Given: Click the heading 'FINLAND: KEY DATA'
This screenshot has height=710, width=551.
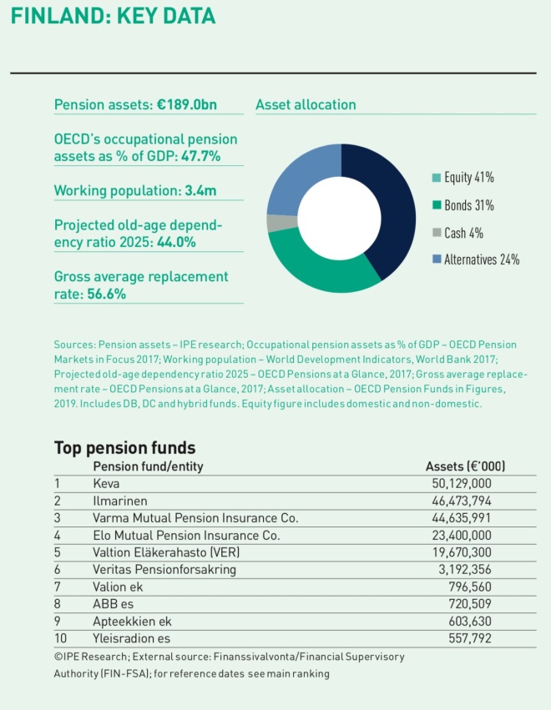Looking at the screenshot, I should (113, 16).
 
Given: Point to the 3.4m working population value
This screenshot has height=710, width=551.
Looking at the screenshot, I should (200, 191).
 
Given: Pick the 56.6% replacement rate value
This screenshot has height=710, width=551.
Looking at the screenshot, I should (107, 294).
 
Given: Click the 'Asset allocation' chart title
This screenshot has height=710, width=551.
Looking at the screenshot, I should (306, 105).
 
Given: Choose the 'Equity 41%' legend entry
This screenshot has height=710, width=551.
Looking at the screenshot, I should (468, 178).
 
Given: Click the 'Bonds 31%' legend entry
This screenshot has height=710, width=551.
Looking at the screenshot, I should (468, 205).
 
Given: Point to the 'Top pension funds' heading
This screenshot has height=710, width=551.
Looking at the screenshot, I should (124, 447).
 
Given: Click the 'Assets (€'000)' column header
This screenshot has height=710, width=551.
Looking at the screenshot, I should (465, 466).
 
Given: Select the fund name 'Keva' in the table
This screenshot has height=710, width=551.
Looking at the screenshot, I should (105, 483).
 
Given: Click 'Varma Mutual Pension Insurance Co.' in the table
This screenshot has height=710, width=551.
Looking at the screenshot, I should (195, 518).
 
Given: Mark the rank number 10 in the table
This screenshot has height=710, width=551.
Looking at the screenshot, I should (60, 638).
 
